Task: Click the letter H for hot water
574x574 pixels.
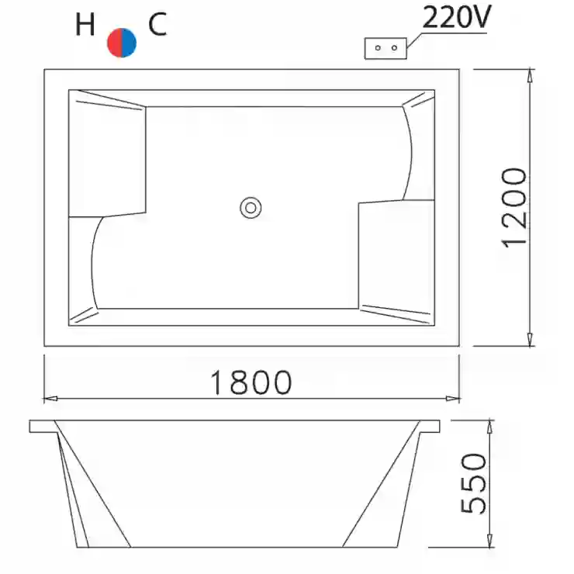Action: [x=85, y=24]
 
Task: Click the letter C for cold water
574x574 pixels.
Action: [x=157, y=24]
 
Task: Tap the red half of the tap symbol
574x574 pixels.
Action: [x=115, y=43]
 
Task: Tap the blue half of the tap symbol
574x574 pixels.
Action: [x=130, y=43]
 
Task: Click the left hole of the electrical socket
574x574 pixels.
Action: [x=379, y=48]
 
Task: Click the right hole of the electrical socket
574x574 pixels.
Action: [x=394, y=48]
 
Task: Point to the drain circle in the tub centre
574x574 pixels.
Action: [x=251, y=208]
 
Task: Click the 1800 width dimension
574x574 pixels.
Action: [x=251, y=382]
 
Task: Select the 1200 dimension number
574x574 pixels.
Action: [x=514, y=208]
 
